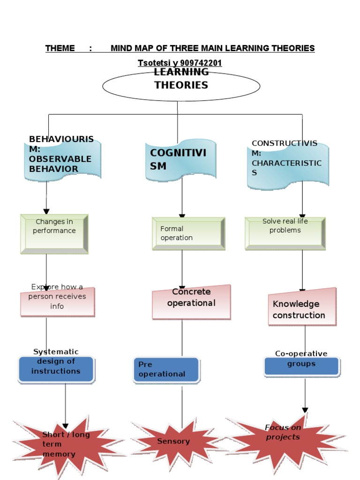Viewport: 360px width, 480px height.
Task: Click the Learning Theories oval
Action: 181,86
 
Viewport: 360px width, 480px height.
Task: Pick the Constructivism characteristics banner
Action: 288,164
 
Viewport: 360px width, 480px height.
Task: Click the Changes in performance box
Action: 54,234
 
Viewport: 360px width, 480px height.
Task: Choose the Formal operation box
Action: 188,233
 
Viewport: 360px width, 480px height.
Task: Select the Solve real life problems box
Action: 285,233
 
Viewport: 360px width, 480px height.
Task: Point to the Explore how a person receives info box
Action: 57,301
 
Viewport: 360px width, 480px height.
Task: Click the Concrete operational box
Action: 191,302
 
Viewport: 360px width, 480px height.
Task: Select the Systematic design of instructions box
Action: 56,368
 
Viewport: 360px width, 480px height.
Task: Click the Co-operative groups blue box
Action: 301,366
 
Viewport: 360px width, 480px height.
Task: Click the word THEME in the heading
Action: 60,48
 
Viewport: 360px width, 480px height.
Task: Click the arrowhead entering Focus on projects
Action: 305,410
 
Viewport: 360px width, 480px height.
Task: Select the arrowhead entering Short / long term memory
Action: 66,425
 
